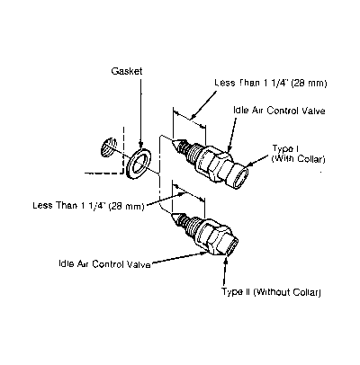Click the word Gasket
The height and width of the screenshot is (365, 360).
pos(127,71)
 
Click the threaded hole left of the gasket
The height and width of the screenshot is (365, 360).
pos(107,147)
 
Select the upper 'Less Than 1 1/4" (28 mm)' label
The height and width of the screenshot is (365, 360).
pos(270,83)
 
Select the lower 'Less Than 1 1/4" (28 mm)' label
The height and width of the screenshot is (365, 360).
pos(88,206)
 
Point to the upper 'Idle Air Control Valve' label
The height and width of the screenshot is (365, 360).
pos(279,111)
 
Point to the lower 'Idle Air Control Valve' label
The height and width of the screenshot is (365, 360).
pos(104,264)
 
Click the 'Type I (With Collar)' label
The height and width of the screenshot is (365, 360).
pos(298,154)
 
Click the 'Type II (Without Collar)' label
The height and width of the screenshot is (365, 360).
pos(271,292)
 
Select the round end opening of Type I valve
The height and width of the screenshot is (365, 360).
pos(241,178)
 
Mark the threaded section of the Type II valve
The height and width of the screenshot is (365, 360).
pos(186,226)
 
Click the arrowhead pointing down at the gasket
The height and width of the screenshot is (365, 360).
pos(140,145)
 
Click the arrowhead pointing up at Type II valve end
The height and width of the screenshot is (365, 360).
pos(225,260)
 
